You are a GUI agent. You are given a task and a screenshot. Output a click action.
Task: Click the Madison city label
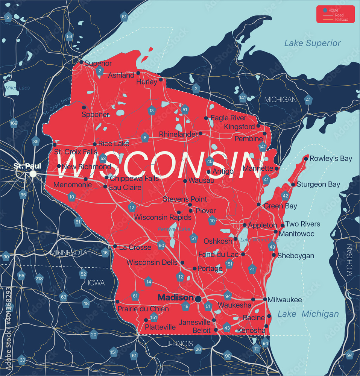[x=175, y=297]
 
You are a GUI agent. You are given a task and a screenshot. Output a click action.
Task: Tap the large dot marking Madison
[x=198, y=299]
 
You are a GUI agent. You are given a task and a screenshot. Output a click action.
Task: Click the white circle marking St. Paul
[x=33, y=174]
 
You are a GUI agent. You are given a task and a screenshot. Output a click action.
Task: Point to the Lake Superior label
[x=312, y=43]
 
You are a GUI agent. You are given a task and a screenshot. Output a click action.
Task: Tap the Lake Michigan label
[x=308, y=314]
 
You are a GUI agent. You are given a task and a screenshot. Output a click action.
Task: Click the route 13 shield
[x=152, y=111]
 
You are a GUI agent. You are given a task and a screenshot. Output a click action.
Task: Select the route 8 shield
[x=145, y=138]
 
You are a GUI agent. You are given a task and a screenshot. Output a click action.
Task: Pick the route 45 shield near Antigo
[x=210, y=162]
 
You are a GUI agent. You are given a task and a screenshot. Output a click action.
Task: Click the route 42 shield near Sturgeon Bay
[x=285, y=196]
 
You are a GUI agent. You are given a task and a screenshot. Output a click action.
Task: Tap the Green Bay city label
[x=280, y=206]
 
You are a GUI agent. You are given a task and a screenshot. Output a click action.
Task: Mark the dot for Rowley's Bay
[x=306, y=159]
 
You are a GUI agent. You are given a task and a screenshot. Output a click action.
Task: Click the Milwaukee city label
[x=285, y=300]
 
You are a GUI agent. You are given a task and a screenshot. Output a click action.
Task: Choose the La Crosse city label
[x=135, y=247]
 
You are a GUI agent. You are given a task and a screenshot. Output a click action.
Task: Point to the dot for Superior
[x=81, y=62]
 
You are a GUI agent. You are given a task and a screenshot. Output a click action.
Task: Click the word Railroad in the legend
[x=342, y=20]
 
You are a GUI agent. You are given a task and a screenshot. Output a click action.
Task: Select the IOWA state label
[x=96, y=283]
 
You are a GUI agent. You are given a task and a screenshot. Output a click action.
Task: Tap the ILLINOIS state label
[x=180, y=344]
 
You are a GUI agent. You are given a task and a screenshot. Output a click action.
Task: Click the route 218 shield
[x=39, y=279]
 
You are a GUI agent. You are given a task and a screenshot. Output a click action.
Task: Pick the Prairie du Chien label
[x=143, y=309]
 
